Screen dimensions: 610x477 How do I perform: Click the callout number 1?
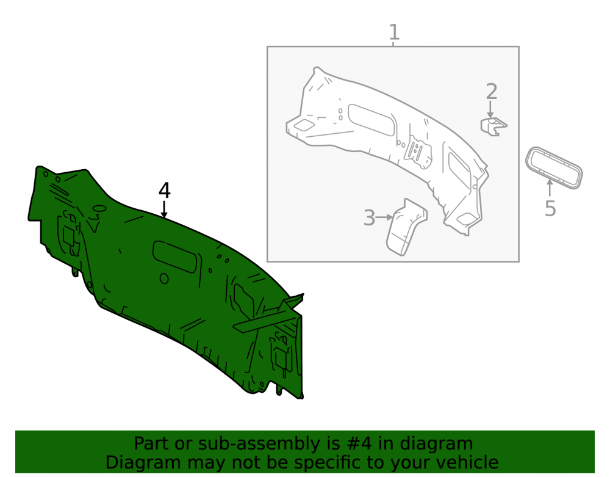pyautogui.click(x=394, y=32)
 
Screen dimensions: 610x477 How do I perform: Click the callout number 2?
pyautogui.click(x=491, y=92)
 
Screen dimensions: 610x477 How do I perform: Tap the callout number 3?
pyautogui.click(x=369, y=217)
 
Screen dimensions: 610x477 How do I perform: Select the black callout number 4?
pyautogui.click(x=165, y=191)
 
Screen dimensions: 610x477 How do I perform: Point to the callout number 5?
pyautogui.click(x=550, y=208)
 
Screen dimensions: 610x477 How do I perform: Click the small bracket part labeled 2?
pyautogui.click(x=493, y=126)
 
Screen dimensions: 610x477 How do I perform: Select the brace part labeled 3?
pyautogui.click(x=406, y=227)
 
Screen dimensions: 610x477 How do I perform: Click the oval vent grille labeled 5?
pyautogui.click(x=554, y=168)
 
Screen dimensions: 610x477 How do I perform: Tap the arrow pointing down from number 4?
pyautogui.click(x=164, y=209)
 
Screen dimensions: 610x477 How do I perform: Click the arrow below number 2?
pyautogui.click(x=490, y=109)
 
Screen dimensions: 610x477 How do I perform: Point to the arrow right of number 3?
pyautogui.click(x=384, y=217)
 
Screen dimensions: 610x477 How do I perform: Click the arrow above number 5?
pyautogui.click(x=550, y=188)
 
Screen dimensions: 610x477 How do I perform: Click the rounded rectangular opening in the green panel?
pyautogui.click(x=174, y=257)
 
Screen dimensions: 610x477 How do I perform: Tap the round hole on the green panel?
pyautogui.click(x=164, y=279)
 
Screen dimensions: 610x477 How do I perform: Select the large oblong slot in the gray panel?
pyautogui.click(x=371, y=120)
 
